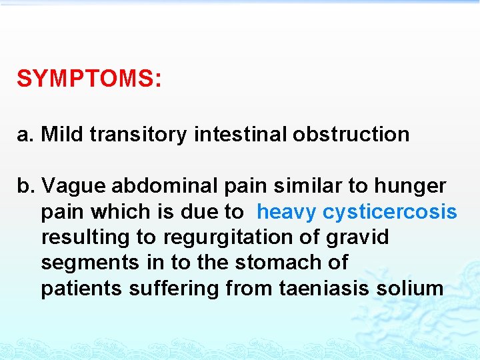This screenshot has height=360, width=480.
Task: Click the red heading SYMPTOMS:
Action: [89, 79]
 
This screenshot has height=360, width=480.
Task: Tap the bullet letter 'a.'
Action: [25, 134]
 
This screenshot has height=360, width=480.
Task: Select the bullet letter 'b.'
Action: [26, 186]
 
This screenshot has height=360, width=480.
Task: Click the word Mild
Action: [63, 134]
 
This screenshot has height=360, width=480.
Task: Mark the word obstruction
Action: [350, 134]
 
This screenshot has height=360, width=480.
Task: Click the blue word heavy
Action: [287, 212]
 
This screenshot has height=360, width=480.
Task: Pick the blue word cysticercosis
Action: [390, 212]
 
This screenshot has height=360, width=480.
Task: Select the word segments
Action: [87, 263]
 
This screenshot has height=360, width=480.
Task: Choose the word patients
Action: [81, 289]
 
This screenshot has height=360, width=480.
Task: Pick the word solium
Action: [410, 289]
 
